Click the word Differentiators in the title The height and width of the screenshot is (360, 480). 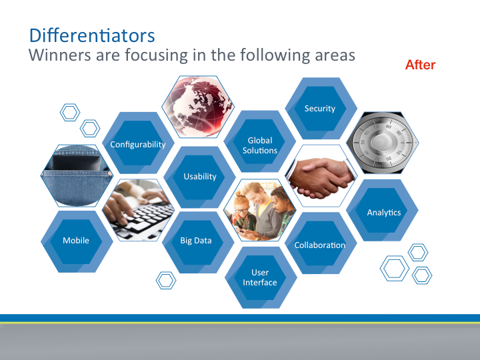pos(92,35)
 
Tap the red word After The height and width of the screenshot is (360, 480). pos(420,65)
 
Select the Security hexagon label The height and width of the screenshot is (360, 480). pos(320,109)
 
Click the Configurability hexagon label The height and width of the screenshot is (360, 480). pos(138,144)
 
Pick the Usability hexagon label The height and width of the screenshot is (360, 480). pos(200,176)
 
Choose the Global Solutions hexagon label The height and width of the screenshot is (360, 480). pos(260,145)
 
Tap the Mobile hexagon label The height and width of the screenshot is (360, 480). pos(76,240)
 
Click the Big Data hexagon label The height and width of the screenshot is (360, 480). pos(196,240)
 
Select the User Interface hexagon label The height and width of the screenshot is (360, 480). pos(260,277)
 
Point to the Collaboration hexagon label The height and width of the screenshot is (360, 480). pos(320,245)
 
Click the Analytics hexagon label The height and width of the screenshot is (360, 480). pos(384,213)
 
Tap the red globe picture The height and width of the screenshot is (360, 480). pos(198,107)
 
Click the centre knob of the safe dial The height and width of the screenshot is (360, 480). pos(381,141)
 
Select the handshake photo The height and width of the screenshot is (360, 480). pos(321,177)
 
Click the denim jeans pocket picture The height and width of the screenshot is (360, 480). pos(77,176)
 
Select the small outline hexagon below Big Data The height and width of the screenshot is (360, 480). pos(166,281)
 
